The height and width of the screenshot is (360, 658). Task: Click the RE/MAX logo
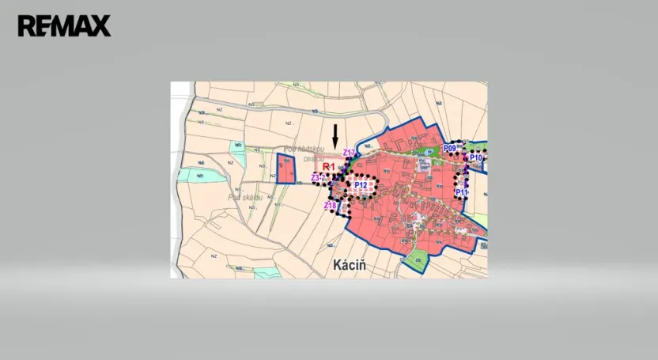(64, 26)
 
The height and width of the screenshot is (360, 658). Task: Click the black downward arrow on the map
(335, 135)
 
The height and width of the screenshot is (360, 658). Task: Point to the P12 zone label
(361, 185)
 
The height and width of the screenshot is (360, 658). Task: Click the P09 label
(450, 148)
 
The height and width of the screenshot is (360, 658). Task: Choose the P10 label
(476, 158)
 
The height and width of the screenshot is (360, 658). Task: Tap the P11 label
(462, 192)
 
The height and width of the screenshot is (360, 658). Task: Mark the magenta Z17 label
(349, 153)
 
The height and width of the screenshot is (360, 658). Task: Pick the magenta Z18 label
(330, 206)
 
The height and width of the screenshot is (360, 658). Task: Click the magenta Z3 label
(315, 178)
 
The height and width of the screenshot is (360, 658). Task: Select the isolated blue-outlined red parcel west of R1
(286, 169)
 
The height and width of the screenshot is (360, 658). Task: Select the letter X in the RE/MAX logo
(100, 26)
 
